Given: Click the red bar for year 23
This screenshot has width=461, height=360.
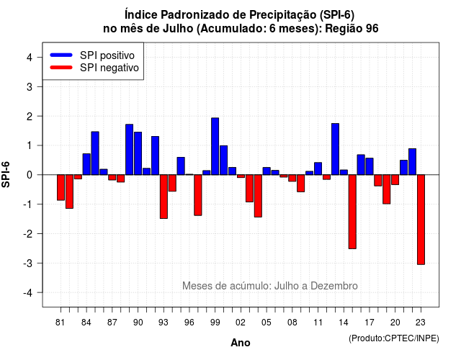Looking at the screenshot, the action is [421, 220].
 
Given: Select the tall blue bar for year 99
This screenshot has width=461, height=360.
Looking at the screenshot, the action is [215, 146].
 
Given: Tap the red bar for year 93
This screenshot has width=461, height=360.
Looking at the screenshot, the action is [164, 197].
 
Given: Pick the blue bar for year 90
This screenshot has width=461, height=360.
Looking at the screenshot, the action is [138, 153].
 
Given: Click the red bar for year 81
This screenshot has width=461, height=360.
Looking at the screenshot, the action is [61, 187].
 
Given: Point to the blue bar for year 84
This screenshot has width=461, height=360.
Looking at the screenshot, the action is [86, 164].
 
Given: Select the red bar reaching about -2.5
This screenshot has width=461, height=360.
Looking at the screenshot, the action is [352, 212].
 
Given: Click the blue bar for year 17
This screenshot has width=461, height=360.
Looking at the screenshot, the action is [370, 166].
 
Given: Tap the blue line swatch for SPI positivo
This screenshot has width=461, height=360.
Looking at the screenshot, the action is [61, 55].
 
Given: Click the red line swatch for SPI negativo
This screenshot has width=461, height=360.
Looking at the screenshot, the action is [61, 68].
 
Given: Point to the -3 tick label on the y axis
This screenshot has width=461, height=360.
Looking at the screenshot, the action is [28, 264].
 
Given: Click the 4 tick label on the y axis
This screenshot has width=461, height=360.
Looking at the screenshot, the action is [30, 58].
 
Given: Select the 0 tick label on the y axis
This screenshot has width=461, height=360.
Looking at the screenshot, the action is [30, 175].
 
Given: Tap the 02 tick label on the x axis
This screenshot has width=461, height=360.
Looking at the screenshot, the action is [240, 323].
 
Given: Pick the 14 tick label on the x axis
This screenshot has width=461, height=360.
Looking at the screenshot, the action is [344, 323].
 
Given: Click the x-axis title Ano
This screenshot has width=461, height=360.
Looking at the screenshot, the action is [241, 343].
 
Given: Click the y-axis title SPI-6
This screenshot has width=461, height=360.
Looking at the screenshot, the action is [6, 174].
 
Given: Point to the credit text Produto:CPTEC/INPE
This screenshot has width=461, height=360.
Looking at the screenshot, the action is [394, 338].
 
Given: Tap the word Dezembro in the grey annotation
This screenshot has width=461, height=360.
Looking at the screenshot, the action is [334, 286].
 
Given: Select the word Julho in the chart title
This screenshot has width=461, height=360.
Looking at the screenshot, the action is [178, 29].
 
